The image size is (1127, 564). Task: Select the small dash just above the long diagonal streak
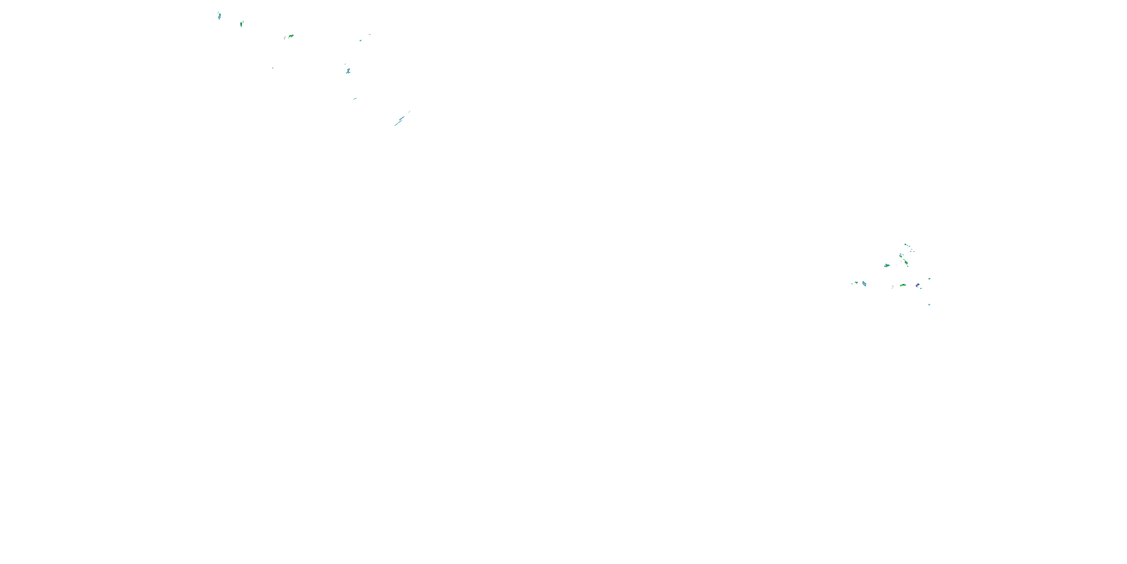click(409, 111)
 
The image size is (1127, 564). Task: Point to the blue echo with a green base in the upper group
click(348, 71)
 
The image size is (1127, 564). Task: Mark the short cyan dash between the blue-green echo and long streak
click(355, 99)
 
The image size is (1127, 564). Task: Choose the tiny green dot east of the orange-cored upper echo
click(361, 41)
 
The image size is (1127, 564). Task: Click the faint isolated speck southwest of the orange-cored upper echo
click(273, 68)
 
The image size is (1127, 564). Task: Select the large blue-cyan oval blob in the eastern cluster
click(864, 284)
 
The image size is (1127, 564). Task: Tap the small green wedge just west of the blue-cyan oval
click(856, 283)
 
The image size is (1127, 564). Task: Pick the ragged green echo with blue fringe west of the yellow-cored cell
click(887, 266)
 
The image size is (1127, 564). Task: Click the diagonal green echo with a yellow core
click(906, 263)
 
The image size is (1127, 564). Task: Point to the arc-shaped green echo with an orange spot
click(903, 285)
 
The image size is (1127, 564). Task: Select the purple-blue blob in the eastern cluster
click(917, 285)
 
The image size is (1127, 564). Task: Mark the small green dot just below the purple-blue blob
click(920, 288)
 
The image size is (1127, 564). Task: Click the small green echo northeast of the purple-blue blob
click(929, 279)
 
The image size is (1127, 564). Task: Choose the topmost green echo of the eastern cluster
click(905, 245)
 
